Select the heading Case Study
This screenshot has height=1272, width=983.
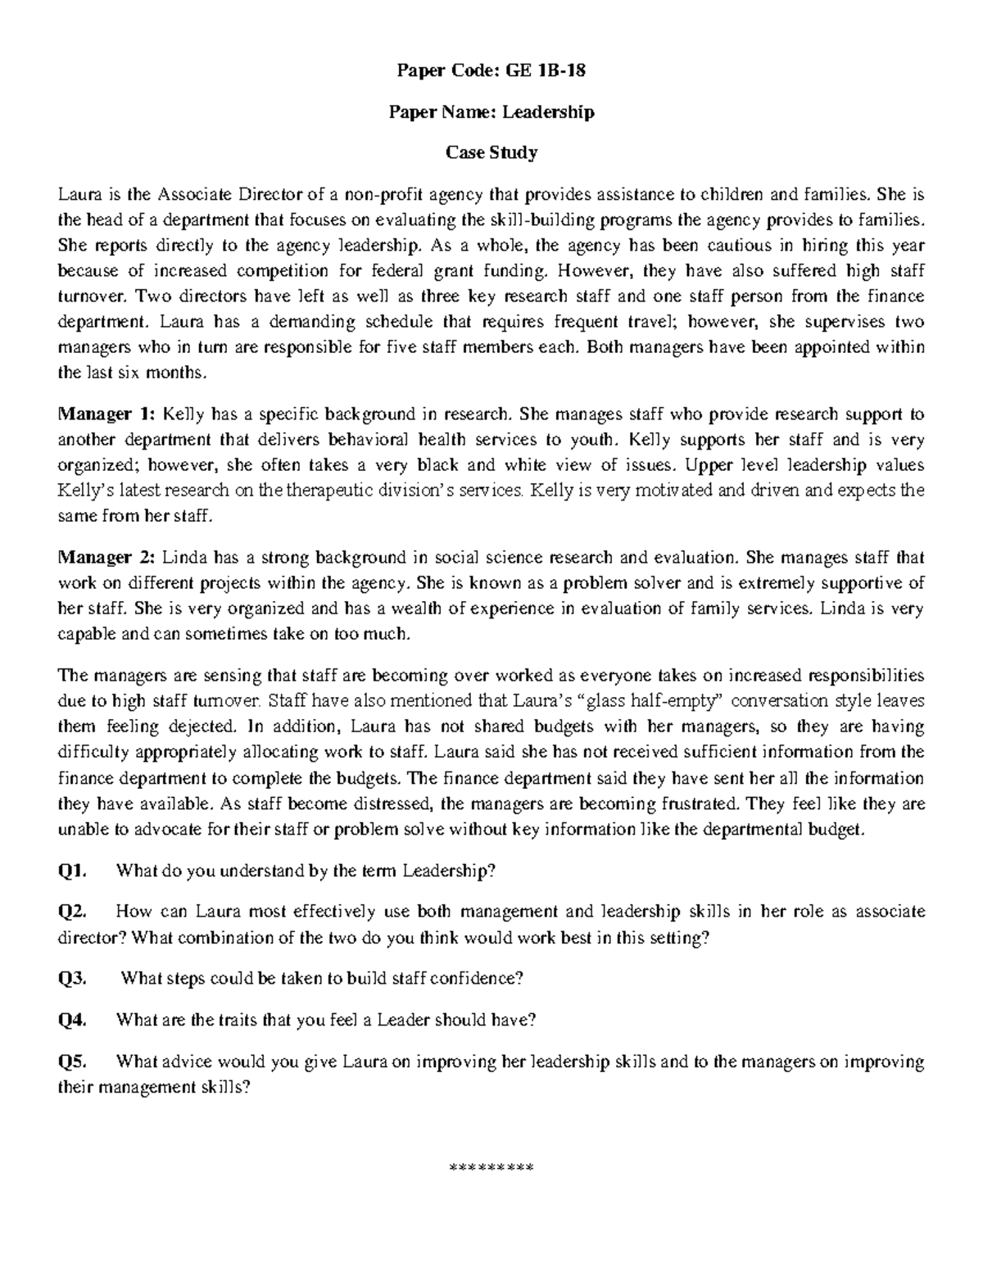(491, 152)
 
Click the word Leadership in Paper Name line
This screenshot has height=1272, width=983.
(548, 111)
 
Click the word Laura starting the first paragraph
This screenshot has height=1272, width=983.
(75, 194)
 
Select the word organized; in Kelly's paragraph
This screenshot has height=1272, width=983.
(97, 465)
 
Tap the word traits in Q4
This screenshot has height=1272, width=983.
(237, 1020)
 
